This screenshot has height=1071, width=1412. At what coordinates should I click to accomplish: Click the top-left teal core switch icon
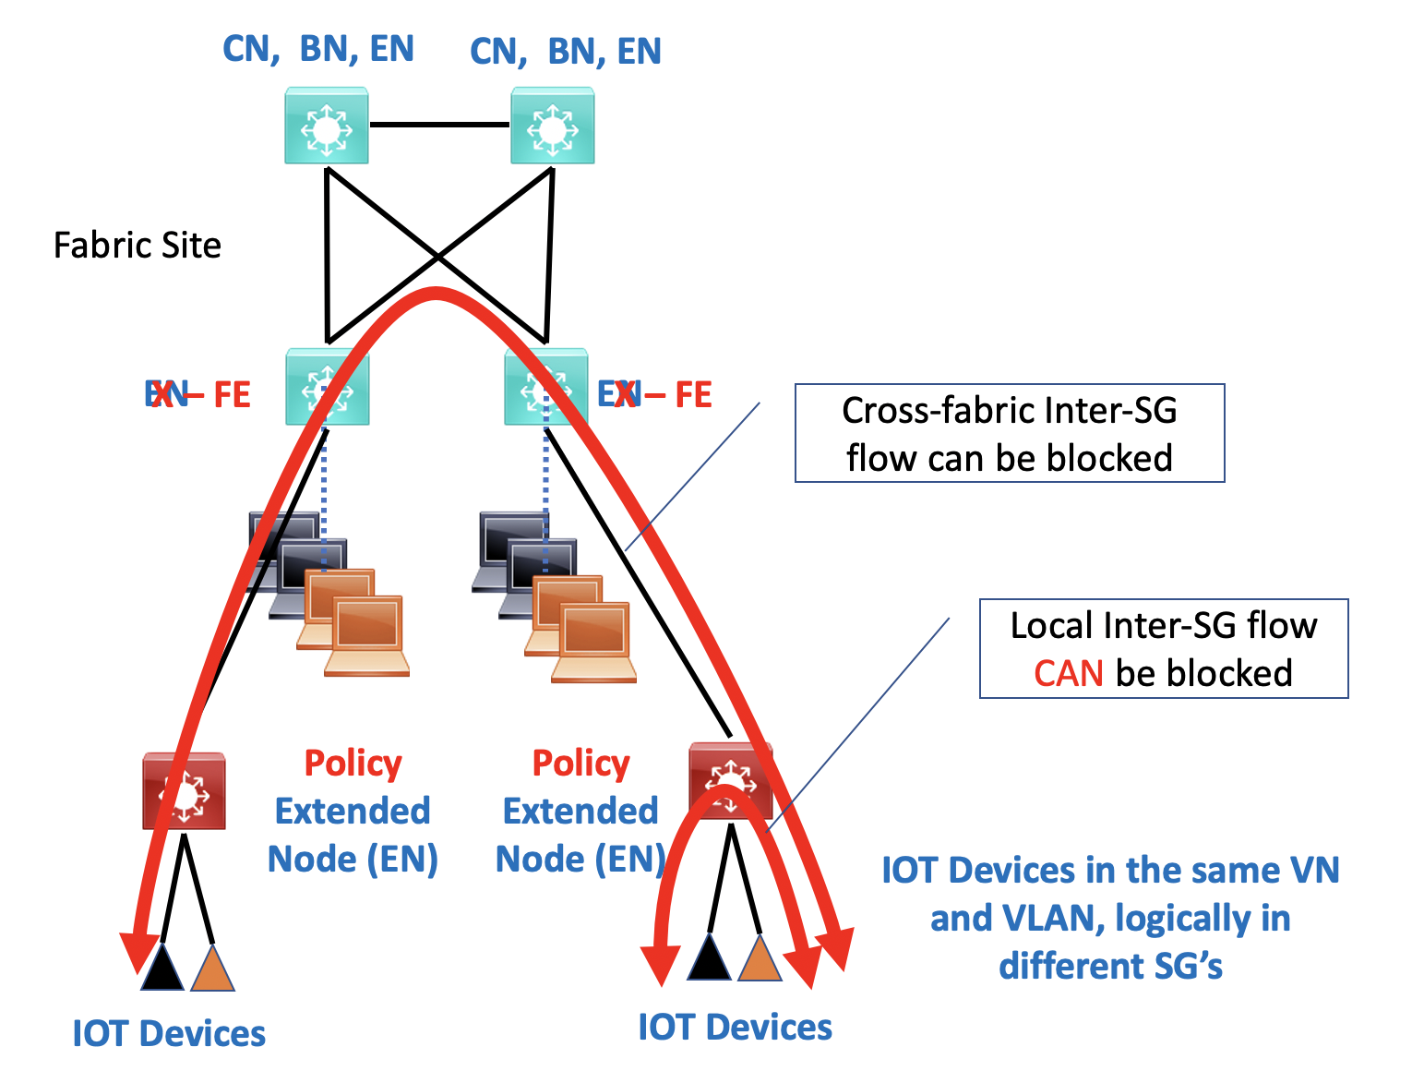(327, 126)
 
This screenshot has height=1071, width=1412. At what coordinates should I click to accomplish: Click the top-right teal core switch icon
(553, 126)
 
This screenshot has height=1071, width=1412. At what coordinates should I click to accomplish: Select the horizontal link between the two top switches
(439, 124)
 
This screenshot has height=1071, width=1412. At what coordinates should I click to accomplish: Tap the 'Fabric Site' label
(138, 246)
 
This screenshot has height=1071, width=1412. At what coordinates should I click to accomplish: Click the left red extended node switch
(185, 791)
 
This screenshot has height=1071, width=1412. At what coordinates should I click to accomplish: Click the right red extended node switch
(730, 781)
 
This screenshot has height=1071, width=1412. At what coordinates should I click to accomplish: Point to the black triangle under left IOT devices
(162, 968)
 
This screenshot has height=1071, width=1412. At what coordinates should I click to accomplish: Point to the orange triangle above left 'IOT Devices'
(212, 969)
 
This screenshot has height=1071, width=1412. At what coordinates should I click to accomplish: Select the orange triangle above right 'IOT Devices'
(760, 959)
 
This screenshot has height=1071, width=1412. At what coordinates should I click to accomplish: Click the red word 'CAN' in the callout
(1069, 674)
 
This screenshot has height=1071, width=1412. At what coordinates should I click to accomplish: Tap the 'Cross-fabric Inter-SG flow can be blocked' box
(1010, 434)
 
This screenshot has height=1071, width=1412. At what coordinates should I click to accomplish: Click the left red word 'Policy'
(353, 764)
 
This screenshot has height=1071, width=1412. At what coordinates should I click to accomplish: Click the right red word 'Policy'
(581, 764)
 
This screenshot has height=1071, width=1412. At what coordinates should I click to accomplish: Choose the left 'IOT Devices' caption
(169, 1034)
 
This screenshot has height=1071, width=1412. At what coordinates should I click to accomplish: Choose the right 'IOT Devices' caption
(736, 1028)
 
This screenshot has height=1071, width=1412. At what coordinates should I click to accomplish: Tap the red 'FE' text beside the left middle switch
(232, 395)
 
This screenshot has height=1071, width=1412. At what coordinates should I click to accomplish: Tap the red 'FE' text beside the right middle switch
(693, 395)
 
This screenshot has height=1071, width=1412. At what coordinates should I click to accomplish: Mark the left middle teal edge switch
(328, 388)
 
